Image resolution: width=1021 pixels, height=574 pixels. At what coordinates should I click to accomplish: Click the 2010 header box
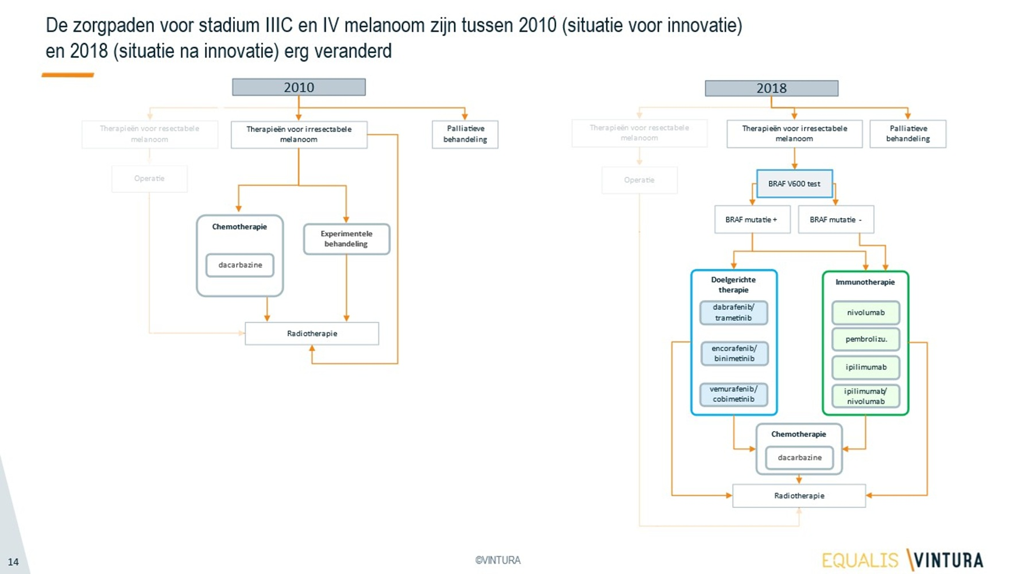point(299,87)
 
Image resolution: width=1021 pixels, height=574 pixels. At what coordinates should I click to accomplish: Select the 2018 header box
point(771,88)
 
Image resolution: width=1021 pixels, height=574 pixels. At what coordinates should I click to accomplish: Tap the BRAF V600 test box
point(794,184)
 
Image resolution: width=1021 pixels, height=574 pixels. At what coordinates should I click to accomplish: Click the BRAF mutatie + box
point(752,219)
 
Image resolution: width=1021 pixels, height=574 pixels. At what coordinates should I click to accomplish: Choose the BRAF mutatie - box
point(836,219)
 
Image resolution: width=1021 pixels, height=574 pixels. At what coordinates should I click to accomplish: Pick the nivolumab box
point(865,313)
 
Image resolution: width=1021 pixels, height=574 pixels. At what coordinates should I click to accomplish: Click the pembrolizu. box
point(865,339)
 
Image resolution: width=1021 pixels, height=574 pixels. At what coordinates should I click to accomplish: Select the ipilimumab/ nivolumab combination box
point(865,396)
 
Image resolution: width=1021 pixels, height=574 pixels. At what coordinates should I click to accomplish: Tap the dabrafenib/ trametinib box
point(733,313)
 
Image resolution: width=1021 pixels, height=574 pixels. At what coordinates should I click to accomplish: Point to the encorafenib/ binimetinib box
point(734,354)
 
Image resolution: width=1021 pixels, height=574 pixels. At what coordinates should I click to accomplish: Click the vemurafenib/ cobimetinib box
point(733,394)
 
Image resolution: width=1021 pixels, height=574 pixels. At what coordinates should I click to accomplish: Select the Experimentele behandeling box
point(346,239)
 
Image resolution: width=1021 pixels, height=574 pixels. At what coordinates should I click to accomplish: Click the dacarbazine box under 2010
point(240,265)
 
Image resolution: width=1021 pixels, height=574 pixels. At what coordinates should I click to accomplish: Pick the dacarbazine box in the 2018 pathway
point(799,458)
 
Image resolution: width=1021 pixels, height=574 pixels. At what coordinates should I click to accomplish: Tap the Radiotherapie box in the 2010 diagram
point(312,333)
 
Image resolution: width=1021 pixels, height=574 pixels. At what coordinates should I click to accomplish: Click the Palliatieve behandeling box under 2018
point(907,134)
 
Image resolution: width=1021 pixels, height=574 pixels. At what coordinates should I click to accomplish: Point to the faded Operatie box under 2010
point(149,179)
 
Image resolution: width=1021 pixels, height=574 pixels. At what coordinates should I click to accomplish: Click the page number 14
point(13,562)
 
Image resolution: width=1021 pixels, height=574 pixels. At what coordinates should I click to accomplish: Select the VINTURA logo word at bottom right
point(948,560)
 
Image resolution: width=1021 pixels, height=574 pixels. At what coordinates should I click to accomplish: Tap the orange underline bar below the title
point(68,75)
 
